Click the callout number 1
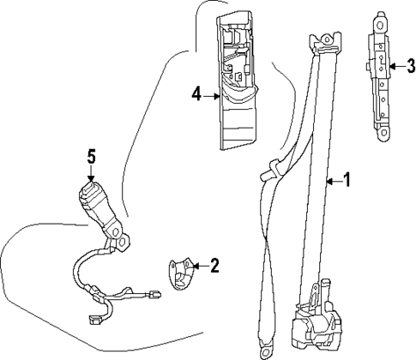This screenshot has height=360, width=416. click(x=347, y=180)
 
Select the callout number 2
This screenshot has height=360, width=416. click(x=214, y=265)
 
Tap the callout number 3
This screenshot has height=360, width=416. click(x=411, y=65)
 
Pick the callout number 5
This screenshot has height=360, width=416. click(x=93, y=155)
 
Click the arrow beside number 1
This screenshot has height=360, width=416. click(x=334, y=180)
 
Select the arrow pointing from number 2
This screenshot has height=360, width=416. click(x=199, y=266)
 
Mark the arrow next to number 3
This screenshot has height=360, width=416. click(x=396, y=65)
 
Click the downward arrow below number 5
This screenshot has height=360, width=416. click(x=93, y=174)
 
